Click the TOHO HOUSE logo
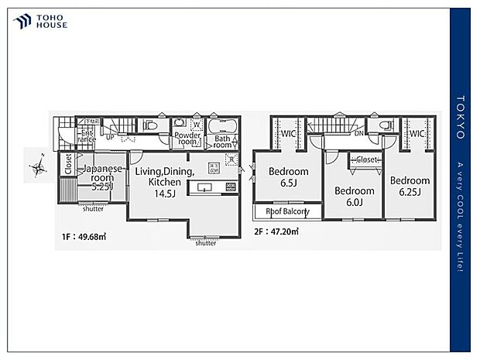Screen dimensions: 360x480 [x=40, y=21]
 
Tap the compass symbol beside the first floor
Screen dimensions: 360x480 [x=37, y=166]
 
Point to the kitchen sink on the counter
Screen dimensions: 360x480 [x=205, y=187]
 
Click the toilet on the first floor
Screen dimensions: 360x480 [x=152, y=124]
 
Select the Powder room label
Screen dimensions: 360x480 [x=188, y=139]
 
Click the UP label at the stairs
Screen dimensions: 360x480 [x=110, y=137]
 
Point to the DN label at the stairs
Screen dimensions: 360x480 [x=359, y=133]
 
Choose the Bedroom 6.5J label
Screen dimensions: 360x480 [x=288, y=177]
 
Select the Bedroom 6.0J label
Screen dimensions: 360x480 [x=355, y=196]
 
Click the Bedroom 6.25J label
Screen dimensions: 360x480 [x=410, y=186]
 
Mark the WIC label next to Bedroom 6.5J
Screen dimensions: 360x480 [x=289, y=133]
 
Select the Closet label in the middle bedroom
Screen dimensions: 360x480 [x=366, y=160]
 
